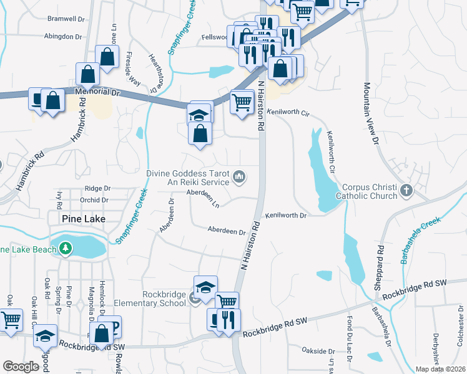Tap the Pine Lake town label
click(84, 219)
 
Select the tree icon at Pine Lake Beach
click(66, 249)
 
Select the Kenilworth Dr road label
click(285, 216)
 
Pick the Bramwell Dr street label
click(66, 19)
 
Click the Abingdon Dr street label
click(64, 37)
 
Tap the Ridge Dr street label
click(97, 188)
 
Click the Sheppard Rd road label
click(379, 263)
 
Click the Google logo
click(21, 367)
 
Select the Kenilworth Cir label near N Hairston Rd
click(288, 113)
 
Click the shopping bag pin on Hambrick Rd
click(87, 74)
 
